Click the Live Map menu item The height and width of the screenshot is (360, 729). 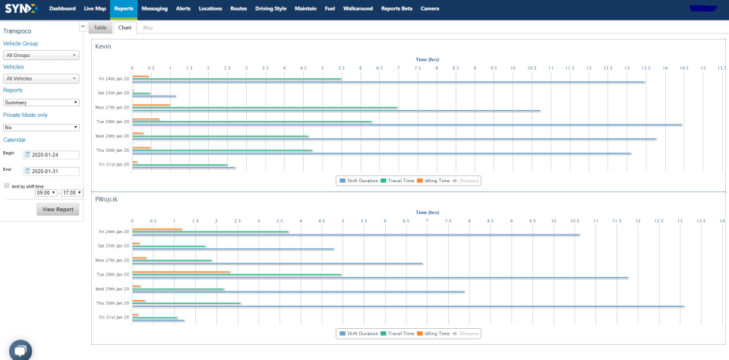coord(95,8)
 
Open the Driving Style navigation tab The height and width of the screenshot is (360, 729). coord(271,8)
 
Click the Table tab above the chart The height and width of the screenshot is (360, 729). coord(100,27)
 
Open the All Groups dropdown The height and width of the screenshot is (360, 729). coord(41,55)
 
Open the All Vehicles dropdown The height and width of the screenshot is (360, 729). coord(41,78)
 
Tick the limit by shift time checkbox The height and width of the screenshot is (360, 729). coord(7,185)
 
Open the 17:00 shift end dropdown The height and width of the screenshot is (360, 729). coord(73,193)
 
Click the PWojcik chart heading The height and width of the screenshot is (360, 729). coord(107,199)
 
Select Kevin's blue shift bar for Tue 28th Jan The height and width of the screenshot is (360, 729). coord(406,125)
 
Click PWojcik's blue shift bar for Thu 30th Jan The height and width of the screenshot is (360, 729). coord(408,307)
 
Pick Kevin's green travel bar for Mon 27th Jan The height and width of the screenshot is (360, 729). coord(265,107)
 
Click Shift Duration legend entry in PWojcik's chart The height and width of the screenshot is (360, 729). coord(357,333)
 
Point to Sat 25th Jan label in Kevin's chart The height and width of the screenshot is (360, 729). coord(113,93)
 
